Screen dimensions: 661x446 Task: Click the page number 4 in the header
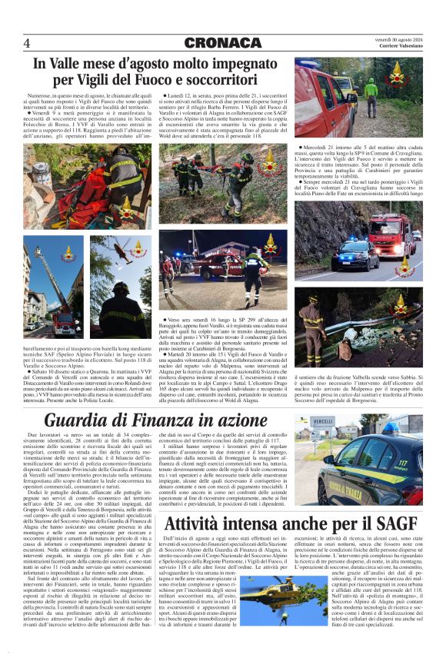point(27,42)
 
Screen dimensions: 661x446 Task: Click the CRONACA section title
point(223,42)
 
